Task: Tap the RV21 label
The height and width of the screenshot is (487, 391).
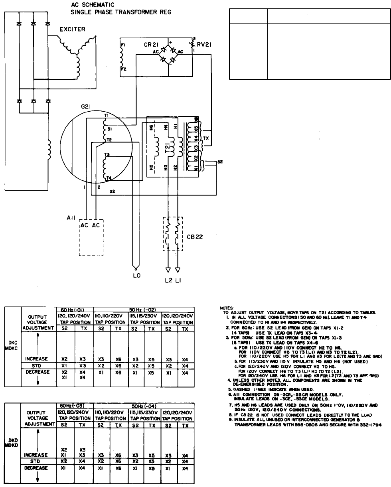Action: point(204,45)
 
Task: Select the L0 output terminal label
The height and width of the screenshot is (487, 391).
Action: point(136,275)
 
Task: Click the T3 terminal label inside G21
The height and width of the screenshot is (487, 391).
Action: point(107,154)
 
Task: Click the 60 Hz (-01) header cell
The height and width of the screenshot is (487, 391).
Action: point(74,310)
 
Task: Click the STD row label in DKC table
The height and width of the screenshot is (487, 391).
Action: point(38,365)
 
